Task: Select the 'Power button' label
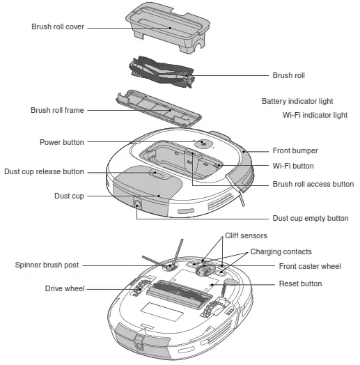click(x=62, y=142)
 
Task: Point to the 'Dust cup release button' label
click(x=44, y=171)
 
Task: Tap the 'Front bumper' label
click(x=295, y=150)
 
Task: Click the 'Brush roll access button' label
click(x=313, y=185)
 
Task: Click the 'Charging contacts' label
click(x=281, y=251)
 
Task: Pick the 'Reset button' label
click(x=300, y=284)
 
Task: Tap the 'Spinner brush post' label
click(x=47, y=265)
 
